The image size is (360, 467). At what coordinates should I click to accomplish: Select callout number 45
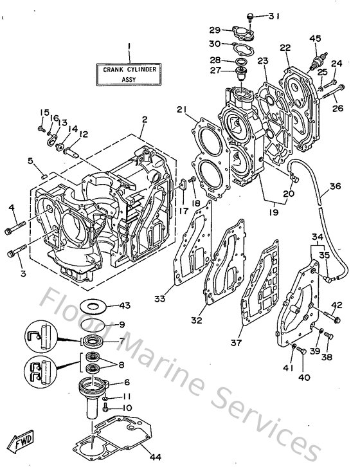(315, 38)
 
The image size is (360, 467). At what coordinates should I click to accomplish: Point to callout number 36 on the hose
(334, 187)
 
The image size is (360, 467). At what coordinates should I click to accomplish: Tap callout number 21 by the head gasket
(181, 110)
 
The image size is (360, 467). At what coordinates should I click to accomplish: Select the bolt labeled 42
(334, 315)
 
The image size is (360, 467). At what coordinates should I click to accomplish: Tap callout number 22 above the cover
(285, 48)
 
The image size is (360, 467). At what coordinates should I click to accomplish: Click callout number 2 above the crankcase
(145, 120)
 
